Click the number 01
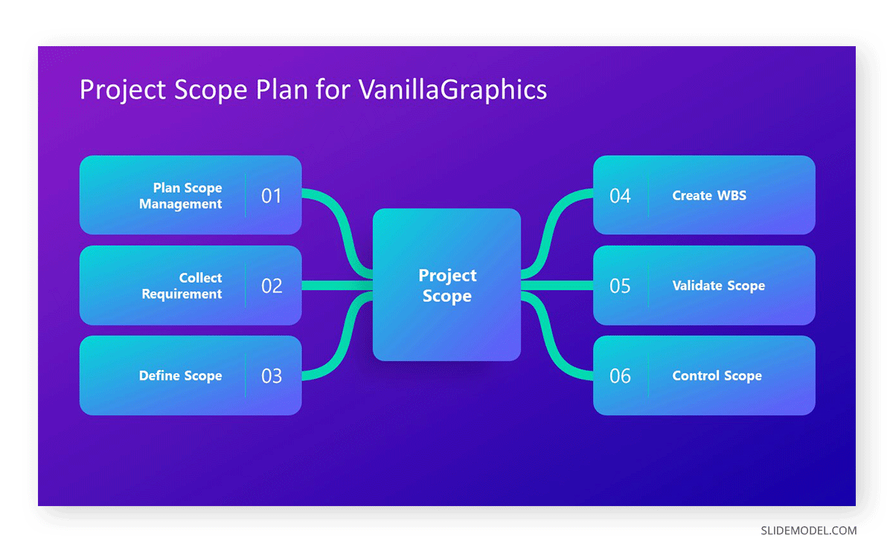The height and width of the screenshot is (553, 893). coord(272,196)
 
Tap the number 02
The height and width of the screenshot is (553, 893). coord(272,286)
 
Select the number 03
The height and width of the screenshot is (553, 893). coord(272,376)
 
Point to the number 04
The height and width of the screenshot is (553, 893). coord(620,196)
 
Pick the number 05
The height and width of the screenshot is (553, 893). coord(620,286)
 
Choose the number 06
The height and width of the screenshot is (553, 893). coord(620,376)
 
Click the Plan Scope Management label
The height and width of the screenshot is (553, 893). coord(181,196)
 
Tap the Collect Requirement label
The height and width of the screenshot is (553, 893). coord(182,286)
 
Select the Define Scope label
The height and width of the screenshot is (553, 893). coord(181,376)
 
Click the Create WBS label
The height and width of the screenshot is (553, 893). coord(709,196)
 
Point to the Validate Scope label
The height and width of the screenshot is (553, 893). coord(718,286)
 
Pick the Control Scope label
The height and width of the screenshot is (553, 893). coord(717,376)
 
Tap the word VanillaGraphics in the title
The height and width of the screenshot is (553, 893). coord(452,90)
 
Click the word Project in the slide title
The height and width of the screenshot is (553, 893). coord(124,90)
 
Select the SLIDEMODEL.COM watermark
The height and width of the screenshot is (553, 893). coord(808,531)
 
